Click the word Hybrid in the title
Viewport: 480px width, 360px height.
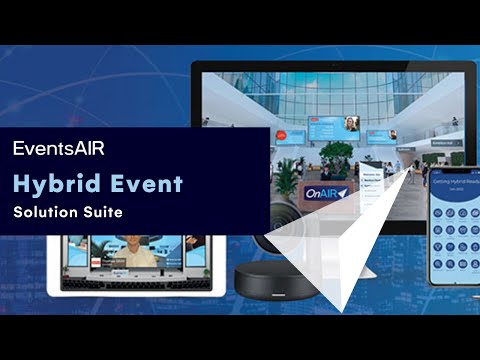(51, 183)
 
